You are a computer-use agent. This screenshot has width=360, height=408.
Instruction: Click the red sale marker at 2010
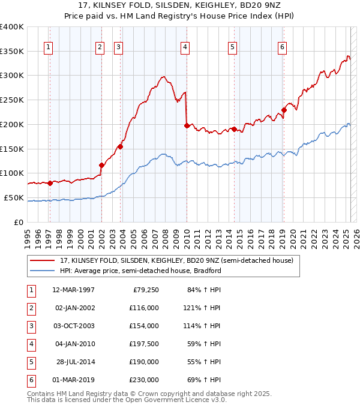[187, 125]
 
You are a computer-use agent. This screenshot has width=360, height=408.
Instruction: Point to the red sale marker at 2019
[284, 110]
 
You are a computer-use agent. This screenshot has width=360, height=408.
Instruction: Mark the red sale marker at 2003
[121, 146]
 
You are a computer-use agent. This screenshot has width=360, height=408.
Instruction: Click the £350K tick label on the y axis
[11, 52]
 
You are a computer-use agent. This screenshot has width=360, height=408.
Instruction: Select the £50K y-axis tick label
[14, 197]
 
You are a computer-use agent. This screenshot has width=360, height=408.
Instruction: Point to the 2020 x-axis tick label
[293, 236]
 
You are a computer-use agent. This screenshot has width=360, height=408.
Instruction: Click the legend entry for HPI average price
[140, 271]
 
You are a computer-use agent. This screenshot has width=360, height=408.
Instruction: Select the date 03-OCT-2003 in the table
[73, 326]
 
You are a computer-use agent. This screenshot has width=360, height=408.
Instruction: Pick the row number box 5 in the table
[30, 362]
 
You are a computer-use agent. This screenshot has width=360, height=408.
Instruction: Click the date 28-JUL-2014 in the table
[74, 362]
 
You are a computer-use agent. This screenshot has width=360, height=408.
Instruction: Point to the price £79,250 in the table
[144, 290]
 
